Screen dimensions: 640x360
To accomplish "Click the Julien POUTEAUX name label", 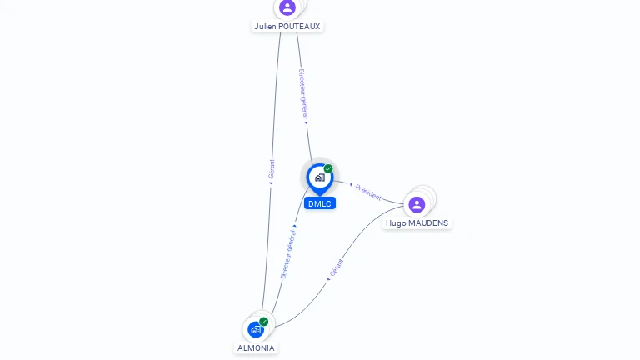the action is click(287, 26).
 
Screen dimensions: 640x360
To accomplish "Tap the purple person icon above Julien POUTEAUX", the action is click(287, 7).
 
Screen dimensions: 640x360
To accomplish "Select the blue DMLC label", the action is click(320, 203).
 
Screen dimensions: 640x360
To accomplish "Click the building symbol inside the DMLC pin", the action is click(320, 177).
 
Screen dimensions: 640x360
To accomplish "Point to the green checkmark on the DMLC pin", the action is click(328, 168).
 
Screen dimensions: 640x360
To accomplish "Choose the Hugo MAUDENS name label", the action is click(417, 222).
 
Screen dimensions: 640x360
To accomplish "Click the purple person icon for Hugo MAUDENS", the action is click(417, 204).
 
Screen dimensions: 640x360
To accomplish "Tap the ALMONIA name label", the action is click(256, 347).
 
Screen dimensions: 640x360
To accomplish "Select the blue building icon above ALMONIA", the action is click(256, 329).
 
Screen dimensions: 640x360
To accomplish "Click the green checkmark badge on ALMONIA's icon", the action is click(263, 322).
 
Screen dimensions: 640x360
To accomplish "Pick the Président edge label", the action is click(368, 192).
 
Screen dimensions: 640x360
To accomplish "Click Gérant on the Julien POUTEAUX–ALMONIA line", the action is click(272, 169).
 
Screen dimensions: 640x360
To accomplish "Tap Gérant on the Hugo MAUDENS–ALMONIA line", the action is click(337, 267).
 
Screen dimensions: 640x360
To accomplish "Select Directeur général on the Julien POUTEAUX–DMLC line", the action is click(303, 93).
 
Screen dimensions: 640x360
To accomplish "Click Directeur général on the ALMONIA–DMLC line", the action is click(288, 254).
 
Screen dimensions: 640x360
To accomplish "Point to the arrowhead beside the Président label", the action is click(351, 184).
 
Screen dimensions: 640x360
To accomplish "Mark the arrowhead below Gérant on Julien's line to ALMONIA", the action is click(271, 183).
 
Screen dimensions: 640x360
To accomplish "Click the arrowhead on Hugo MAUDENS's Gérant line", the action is click(328, 279).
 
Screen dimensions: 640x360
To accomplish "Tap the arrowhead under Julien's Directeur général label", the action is click(306, 122).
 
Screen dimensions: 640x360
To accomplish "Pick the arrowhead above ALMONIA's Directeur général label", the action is click(295, 226).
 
